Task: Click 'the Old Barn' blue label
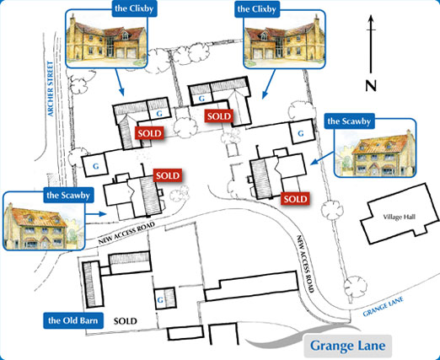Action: [x=74, y=320]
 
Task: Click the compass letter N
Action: [x=371, y=84]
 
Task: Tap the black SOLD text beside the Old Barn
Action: [x=126, y=320]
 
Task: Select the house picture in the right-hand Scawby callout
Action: [x=377, y=153]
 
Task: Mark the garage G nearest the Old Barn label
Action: [x=159, y=298]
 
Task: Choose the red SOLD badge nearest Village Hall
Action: [x=294, y=199]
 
